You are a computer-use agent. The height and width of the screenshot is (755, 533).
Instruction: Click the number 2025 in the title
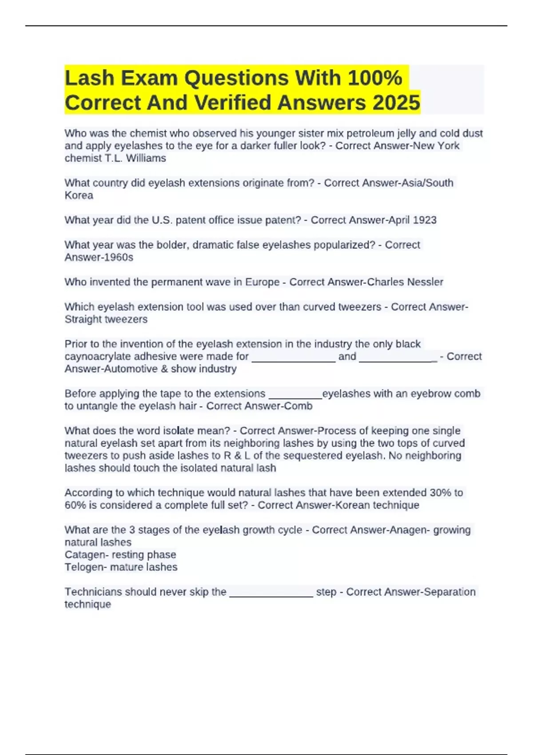(396, 103)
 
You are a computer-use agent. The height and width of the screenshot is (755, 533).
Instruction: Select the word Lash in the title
(90, 78)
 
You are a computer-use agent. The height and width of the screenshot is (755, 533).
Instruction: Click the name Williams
(146, 158)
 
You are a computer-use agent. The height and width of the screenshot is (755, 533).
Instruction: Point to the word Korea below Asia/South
(79, 195)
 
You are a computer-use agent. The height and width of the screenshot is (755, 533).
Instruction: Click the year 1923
(424, 220)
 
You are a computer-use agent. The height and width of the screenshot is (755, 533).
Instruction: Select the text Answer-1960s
(99, 258)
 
